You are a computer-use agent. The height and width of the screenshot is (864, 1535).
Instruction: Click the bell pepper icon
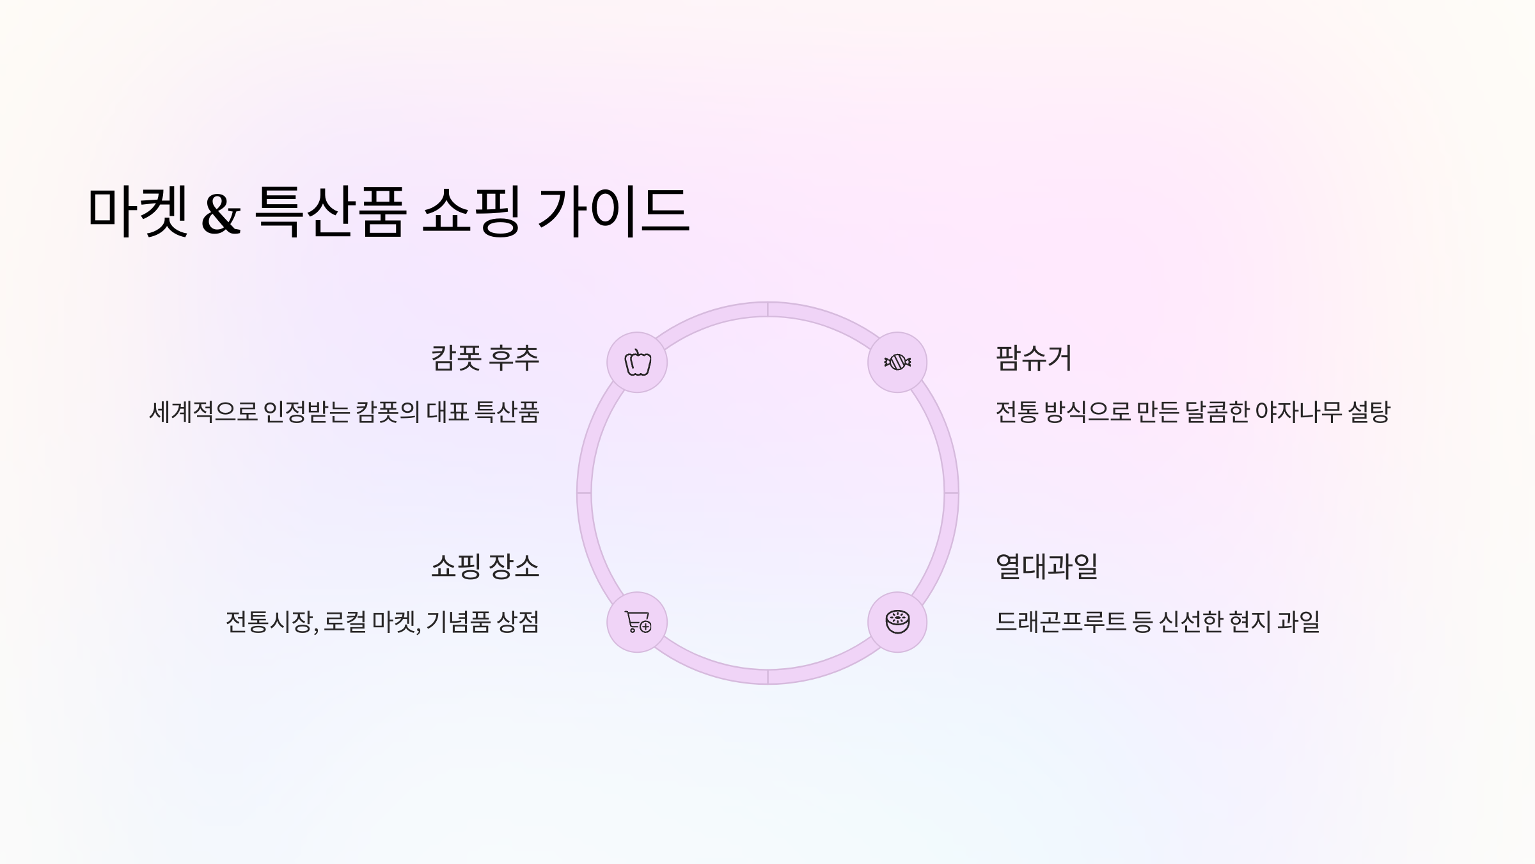pos(637,362)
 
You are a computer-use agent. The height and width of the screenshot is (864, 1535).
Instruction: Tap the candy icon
pos(897,362)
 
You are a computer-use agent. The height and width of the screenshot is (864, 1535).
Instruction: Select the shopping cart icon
pos(637,622)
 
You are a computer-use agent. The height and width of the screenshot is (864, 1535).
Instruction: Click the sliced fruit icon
pos(897,622)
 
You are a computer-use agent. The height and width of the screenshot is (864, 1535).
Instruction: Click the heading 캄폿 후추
pos(485,358)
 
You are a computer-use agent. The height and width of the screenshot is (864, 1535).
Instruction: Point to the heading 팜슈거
pos(1034,358)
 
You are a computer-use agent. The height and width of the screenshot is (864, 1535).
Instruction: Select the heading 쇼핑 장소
pos(485,566)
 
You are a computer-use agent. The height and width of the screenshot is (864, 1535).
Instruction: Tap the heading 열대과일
pos(1046,566)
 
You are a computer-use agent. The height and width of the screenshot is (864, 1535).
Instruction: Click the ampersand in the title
pos(221,212)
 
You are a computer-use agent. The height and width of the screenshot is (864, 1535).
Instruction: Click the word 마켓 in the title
pos(138,211)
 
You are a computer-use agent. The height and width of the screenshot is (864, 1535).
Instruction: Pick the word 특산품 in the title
pos(330,211)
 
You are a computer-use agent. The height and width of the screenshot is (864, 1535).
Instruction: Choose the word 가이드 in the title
pos(613,211)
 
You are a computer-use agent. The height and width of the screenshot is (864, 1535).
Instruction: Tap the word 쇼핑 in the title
pos(471,211)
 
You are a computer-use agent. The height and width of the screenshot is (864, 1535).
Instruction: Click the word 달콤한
pos(1216,412)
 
